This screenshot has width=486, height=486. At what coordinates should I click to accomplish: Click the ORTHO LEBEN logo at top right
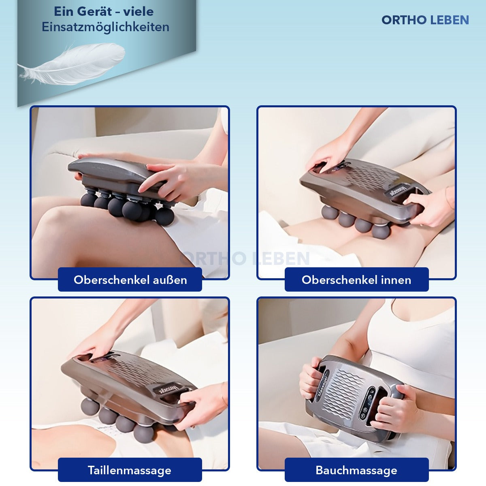pos(425,20)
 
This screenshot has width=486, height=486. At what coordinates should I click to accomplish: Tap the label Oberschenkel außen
pos(130,280)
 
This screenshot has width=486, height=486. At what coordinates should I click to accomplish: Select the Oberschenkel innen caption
pos(356,280)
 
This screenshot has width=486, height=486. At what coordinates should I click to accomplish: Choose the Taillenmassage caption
pos(129,470)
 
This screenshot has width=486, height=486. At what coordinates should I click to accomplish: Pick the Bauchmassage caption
pos(356,470)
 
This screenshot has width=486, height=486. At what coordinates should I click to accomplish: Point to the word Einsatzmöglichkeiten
pos(105,27)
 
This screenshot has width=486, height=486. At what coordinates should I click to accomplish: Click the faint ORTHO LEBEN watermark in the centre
pos(245,258)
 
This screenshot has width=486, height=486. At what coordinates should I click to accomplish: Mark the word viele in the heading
pos(139,12)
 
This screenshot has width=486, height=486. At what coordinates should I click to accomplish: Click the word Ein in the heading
pos(62,12)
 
